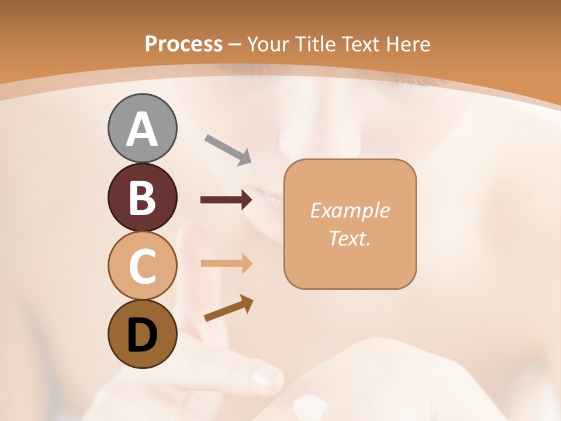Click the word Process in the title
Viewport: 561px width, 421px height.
(x=183, y=44)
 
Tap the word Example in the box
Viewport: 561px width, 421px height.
(x=349, y=210)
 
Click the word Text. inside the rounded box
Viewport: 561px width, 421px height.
(x=349, y=238)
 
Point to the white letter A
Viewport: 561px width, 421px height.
(x=142, y=129)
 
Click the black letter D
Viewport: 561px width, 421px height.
(x=142, y=335)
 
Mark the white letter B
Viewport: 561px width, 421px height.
(x=142, y=198)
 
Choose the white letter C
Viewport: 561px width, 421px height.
(x=142, y=266)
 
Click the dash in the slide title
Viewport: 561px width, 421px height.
(x=234, y=44)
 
